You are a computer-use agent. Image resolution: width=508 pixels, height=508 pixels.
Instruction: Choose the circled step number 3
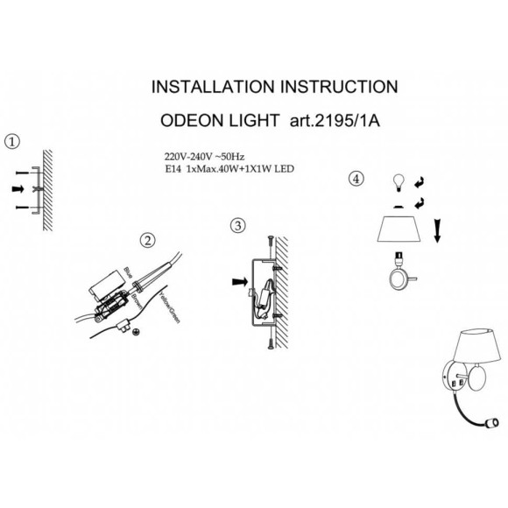pos(236,225)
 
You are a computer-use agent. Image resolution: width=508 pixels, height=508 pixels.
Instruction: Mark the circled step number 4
pos(355,179)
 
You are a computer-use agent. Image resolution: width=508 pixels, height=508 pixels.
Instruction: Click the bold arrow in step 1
pos(18,188)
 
